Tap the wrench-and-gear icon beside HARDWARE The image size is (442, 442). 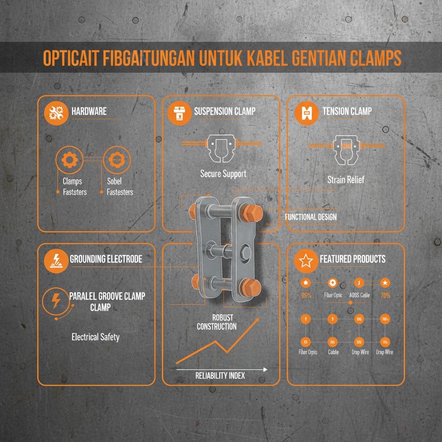click(x=56, y=113)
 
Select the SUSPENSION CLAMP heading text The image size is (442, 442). click(x=224, y=111)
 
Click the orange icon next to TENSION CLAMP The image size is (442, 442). click(x=306, y=113)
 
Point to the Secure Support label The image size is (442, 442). click(x=223, y=174)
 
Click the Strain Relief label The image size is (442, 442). click(x=345, y=180)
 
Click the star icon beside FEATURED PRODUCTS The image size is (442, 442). click(x=306, y=261)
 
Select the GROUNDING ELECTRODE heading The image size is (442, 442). click(x=106, y=259)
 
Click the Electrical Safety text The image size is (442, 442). click(x=95, y=337)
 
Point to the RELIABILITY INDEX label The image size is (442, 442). click(x=220, y=376)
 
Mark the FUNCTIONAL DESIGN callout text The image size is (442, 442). click(x=311, y=217)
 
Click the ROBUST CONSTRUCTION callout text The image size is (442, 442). click(x=217, y=322)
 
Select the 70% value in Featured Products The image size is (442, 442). click(x=385, y=296)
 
